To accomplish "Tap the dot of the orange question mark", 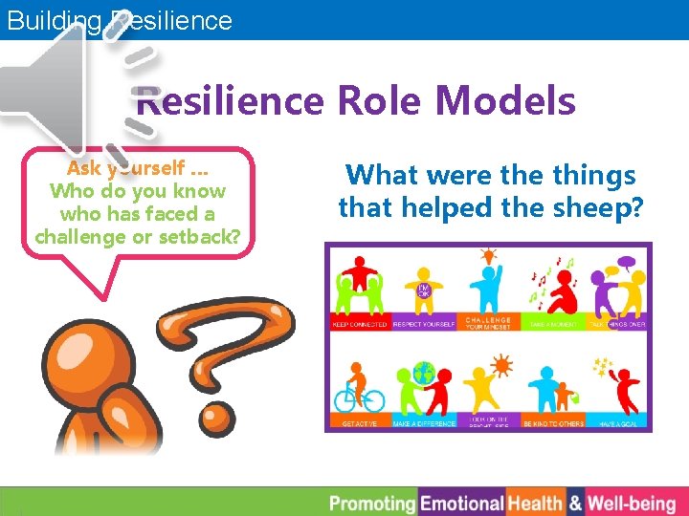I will point(217,416).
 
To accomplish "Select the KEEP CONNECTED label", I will point(360,324).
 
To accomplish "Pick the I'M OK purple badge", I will point(422,289).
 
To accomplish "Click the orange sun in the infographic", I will point(500,364).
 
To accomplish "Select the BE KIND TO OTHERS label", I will point(552,422).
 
